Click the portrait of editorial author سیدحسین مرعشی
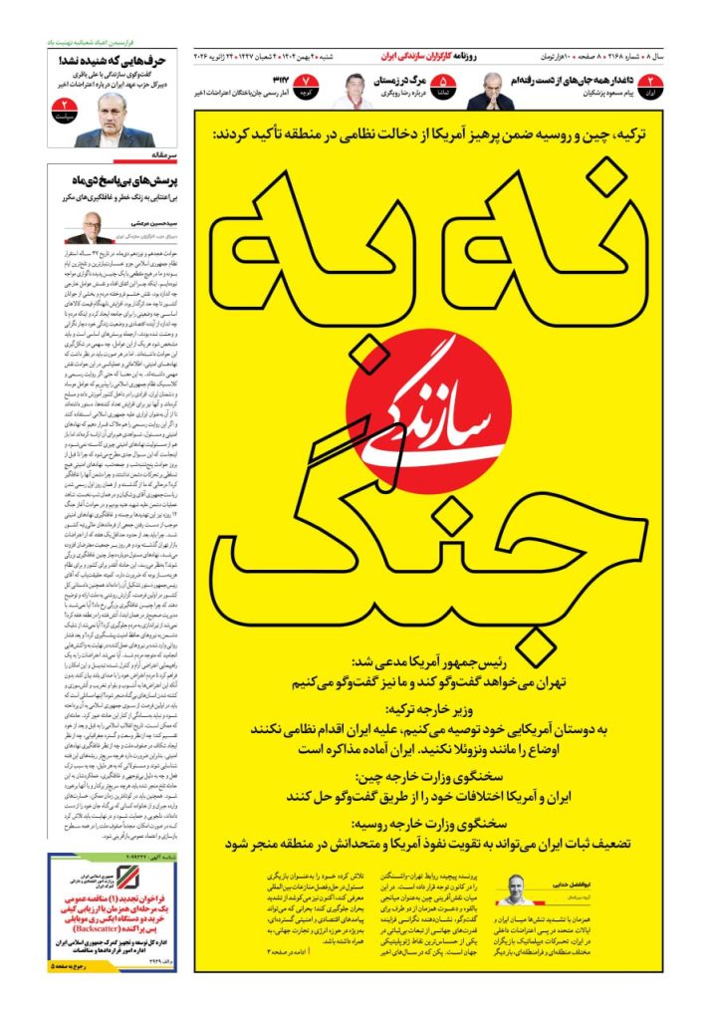point(89,228)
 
